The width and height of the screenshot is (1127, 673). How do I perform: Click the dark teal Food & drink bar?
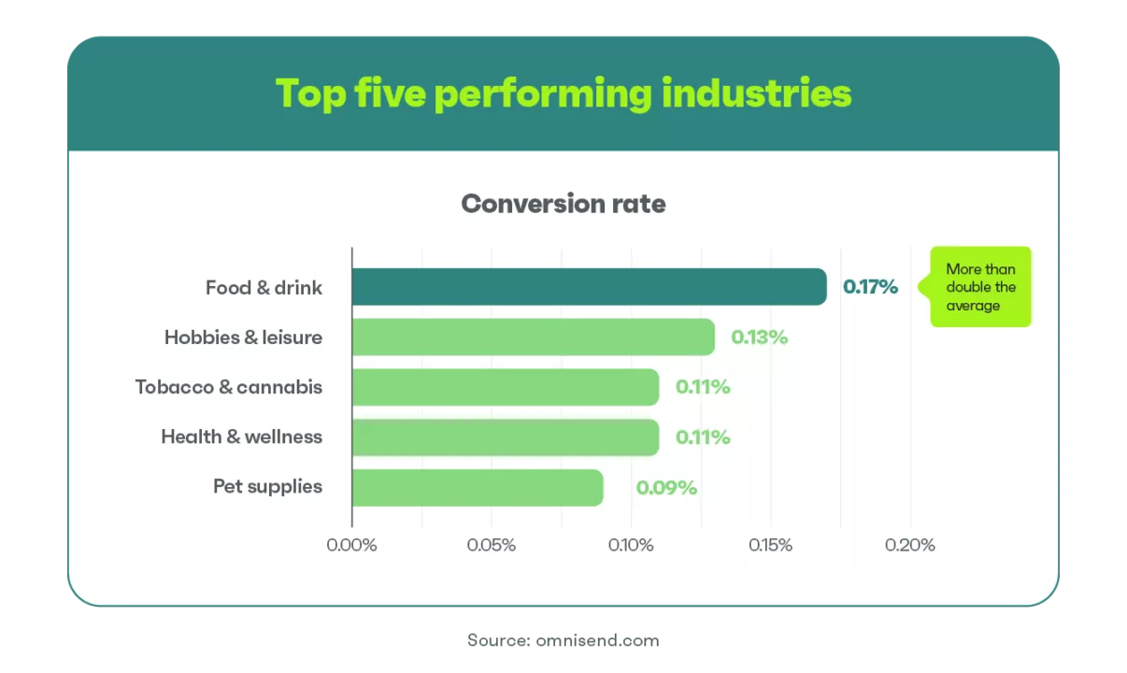click(x=589, y=286)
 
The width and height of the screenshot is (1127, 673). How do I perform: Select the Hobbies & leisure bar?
click(x=534, y=336)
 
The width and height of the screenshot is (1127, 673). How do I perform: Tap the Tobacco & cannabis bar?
click(x=506, y=387)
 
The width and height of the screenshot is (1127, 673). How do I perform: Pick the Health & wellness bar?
click(x=506, y=437)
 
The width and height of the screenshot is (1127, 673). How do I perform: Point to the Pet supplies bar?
click(x=478, y=487)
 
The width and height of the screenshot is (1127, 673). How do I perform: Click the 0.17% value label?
click(x=870, y=287)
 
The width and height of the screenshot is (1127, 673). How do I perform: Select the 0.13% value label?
click(x=759, y=337)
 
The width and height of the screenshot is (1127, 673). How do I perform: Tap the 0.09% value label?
click(x=666, y=487)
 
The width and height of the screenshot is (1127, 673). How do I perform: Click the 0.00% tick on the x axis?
click(x=351, y=545)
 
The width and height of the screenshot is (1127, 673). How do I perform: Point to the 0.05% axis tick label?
click(x=491, y=545)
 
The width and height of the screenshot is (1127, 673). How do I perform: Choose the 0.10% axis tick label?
click(x=631, y=545)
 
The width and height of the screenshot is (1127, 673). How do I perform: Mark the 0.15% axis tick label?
click(x=770, y=545)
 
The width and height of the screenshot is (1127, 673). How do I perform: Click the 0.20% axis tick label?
click(x=910, y=545)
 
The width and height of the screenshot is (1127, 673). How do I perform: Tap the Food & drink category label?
click(x=264, y=287)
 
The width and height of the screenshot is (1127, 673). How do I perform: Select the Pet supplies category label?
click(x=267, y=487)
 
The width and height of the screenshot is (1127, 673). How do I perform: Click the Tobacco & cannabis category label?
click(x=229, y=387)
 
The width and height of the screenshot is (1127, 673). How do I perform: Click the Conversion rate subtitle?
click(x=563, y=204)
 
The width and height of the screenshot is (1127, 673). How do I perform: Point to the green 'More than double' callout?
click(x=980, y=287)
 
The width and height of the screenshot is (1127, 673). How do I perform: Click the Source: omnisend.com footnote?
click(x=563, y=640)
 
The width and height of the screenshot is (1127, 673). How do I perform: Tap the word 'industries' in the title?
click(x=757, y=93)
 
